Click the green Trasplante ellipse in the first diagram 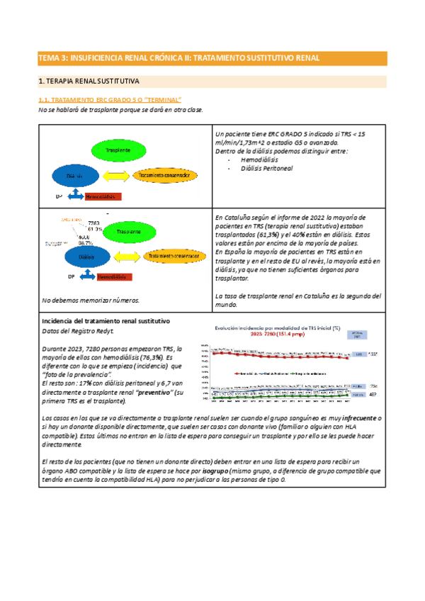[x=117, y=151]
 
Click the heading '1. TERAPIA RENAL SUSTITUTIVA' [x=89, y=82]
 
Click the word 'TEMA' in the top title [x=50, y=57]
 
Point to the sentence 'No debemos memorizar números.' [x=91, y=300]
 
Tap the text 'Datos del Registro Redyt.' [x=77, y=331]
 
